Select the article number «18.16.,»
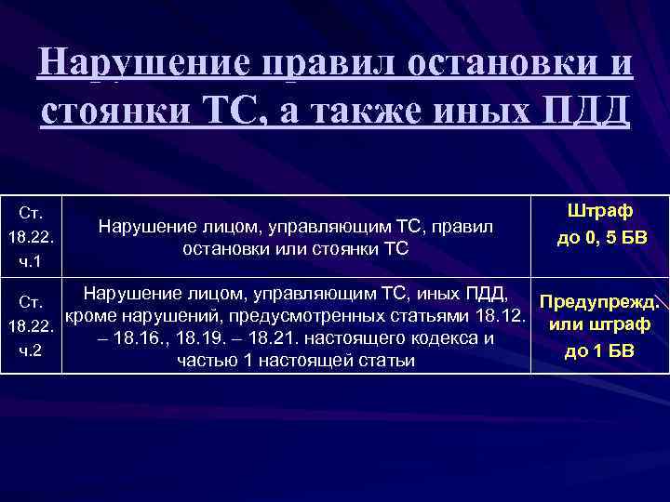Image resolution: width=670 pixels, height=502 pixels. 141,337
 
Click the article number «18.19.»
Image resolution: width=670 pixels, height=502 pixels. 199,337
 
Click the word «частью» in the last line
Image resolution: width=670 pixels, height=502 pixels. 207,360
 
